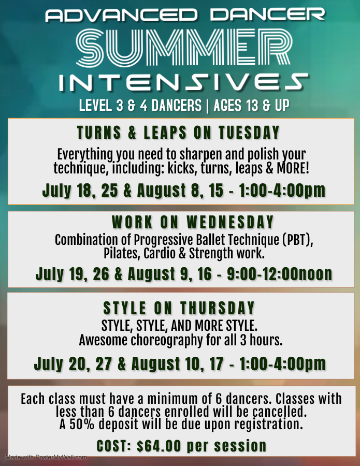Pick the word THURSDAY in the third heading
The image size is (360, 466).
coord(218,308)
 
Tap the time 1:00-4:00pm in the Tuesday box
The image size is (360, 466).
coord(278,190)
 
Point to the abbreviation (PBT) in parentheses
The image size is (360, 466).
coord(300,241)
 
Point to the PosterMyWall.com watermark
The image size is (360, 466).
coord(47,457)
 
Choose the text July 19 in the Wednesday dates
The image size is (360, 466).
coord(57,274)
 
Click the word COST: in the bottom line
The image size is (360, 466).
coord(114,445)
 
